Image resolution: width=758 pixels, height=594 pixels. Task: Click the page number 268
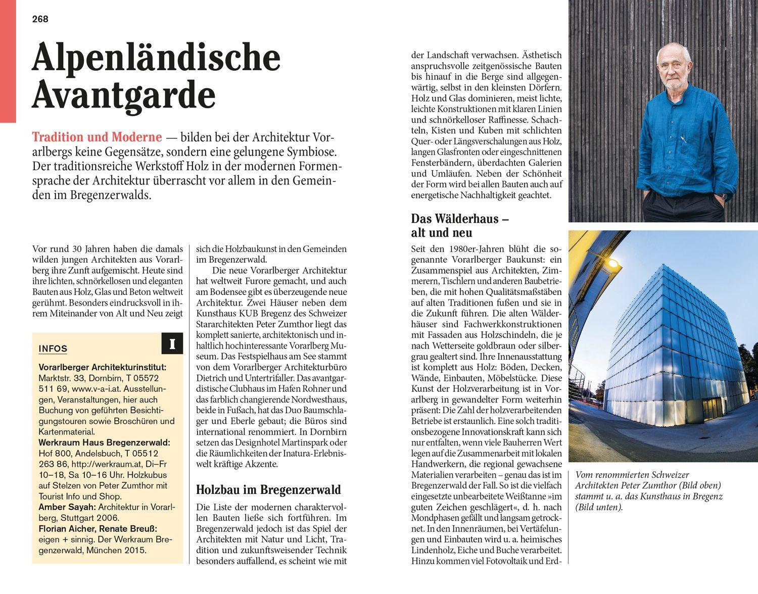tap(40, 19)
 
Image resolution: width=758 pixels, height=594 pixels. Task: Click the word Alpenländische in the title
tap(156, 59)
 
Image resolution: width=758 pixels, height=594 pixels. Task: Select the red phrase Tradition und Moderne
tap(97, 137)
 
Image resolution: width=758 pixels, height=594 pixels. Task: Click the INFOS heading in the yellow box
tap(53, 349)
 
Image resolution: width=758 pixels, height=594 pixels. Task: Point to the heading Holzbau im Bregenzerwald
tap(268, 489)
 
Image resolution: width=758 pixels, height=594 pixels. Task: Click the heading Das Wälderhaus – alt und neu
tap(459, 226)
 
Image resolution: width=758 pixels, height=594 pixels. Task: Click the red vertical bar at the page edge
tap(8, 61)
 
